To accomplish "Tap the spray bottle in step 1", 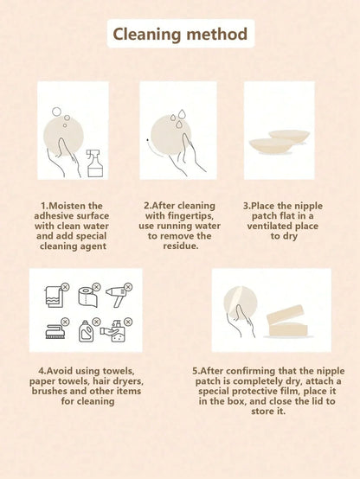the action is click(x=95, y=163).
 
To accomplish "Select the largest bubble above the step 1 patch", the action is click(x=56, y=112).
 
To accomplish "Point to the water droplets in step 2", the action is click(x=178, y=118).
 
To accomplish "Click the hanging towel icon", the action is click(x=55, y=297).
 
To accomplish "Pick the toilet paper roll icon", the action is click(x=87, y=297).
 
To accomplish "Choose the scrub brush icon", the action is click(x=55, y=331).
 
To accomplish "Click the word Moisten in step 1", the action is click(x=67, y=206).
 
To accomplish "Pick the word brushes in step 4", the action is click(x=49, y=391).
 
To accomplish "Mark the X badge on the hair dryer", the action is click(x=128, y=286).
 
